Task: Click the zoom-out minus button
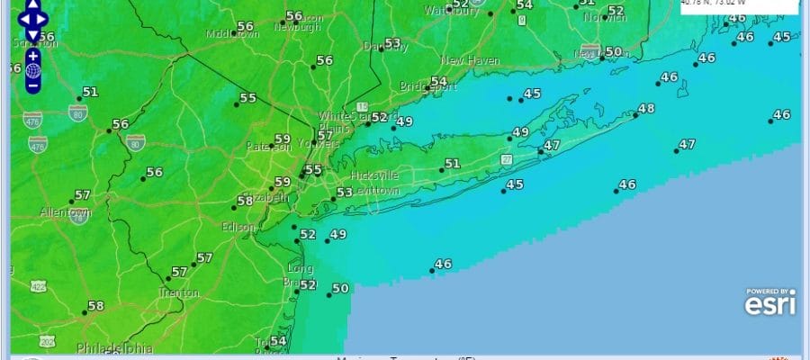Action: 33,85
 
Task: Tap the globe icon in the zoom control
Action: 33,70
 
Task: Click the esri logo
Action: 769,304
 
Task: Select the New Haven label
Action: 470,60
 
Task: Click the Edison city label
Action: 238,227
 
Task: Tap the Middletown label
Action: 232,34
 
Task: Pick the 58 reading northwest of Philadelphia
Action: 95,306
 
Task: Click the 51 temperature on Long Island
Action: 452,164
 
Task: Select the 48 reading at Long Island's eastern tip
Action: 645,109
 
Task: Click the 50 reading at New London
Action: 614,52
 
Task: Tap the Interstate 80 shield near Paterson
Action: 135,141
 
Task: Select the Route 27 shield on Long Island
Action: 507,159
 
